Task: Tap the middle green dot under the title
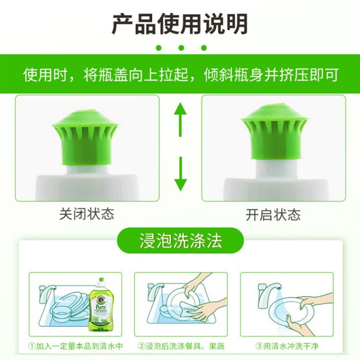tap(180, 47)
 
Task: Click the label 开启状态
tap(273, 214)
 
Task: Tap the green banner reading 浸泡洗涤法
tap(180, 241)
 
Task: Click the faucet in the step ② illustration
tap(155, 290)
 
